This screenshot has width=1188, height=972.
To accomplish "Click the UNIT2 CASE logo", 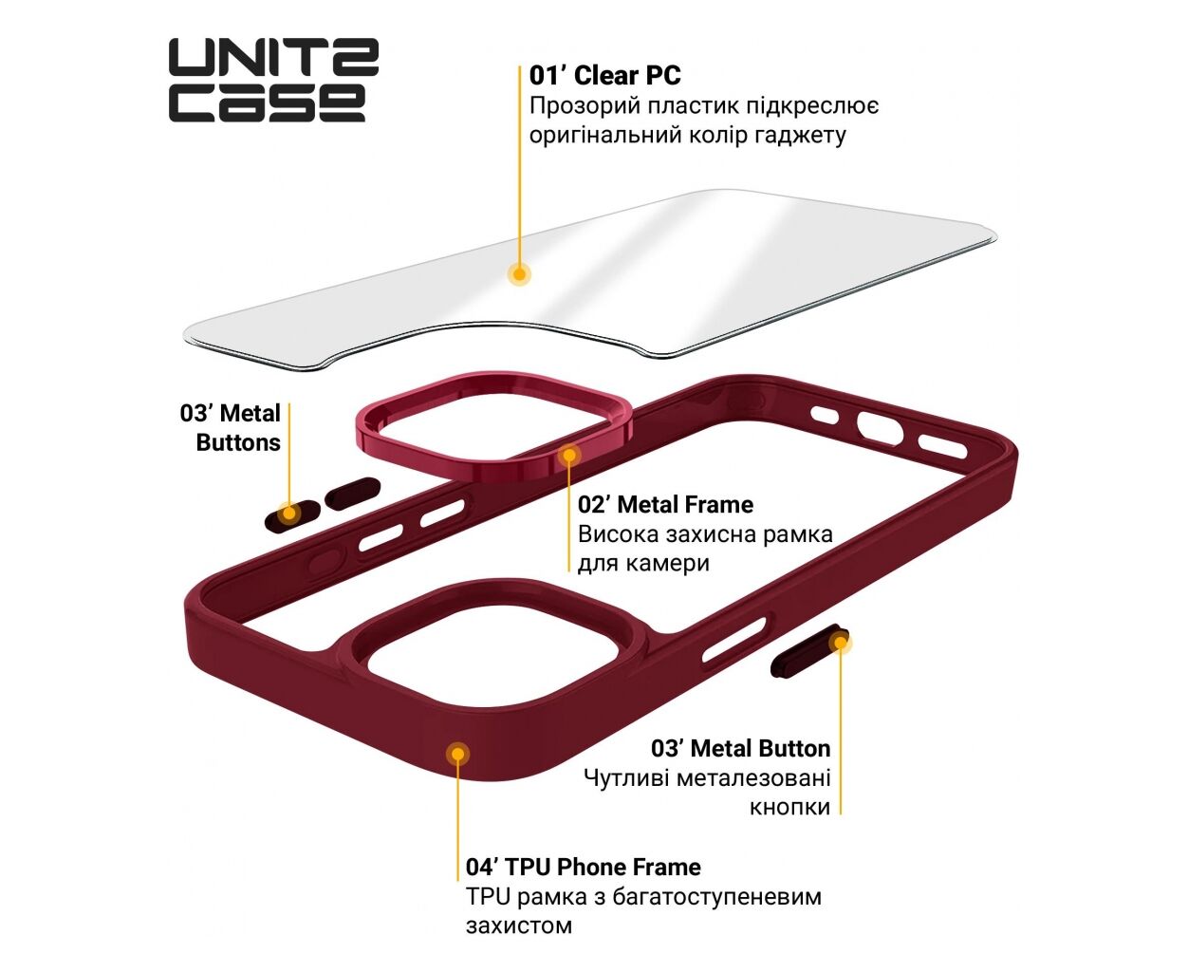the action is coord(274,80).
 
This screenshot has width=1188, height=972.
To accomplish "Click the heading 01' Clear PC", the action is coord(604,76).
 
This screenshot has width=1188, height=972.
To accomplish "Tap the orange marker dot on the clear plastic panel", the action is coord(519,274).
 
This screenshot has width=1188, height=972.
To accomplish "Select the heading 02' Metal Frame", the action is coord(665,504).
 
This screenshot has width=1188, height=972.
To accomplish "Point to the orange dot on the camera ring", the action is coord(569,455).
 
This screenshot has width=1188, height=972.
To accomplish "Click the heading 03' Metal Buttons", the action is coord(230,428).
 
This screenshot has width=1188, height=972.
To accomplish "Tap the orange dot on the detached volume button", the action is coord(289,514).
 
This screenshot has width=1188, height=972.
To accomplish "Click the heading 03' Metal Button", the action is coord(741,748).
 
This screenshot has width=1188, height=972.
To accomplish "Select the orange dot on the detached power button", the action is coord(840,643).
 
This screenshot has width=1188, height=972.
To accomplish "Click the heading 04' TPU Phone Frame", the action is coord(583,868).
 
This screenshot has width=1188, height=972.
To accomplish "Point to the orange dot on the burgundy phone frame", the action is coord(458,754).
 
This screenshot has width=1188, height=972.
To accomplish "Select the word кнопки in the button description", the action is coord(789,808).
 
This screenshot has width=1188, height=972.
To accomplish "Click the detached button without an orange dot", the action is coord(353,494).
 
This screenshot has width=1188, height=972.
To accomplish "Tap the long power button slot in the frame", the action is coord(734,640).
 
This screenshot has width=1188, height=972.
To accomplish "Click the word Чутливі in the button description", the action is coord(626,778).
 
